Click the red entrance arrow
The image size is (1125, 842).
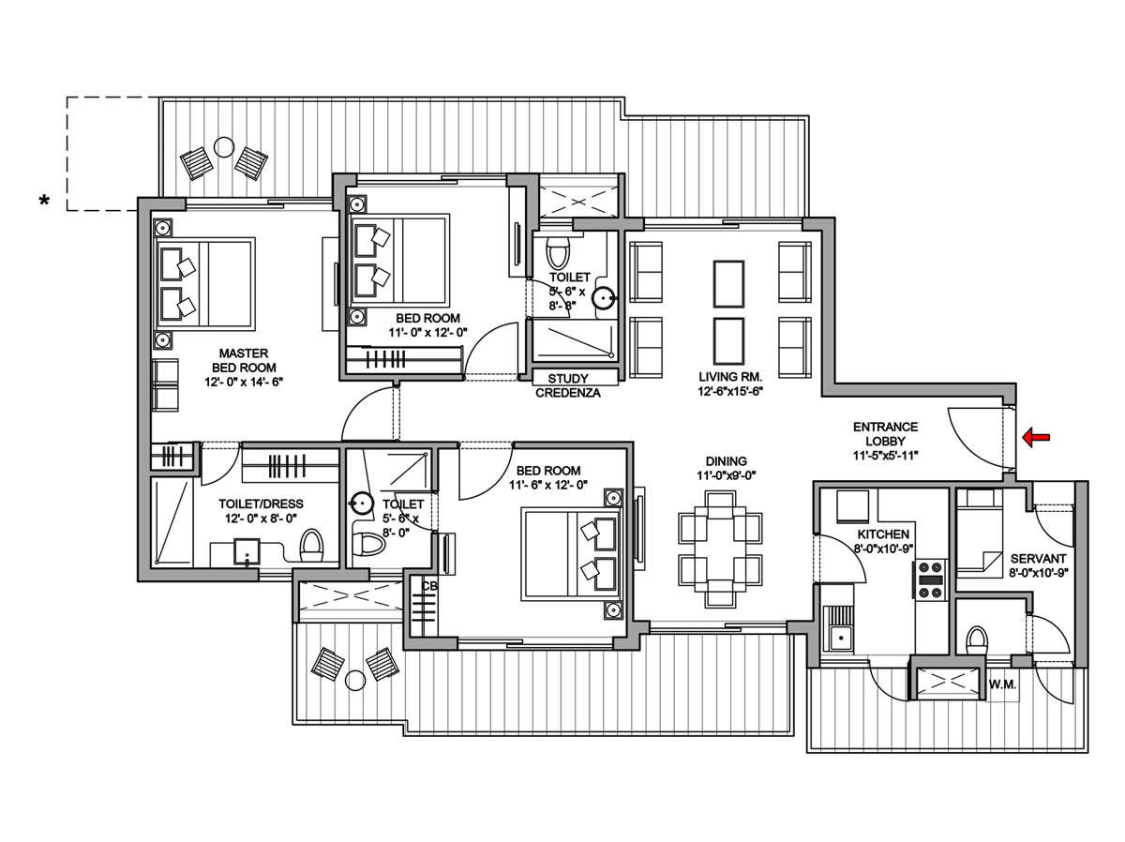click(1036, 437)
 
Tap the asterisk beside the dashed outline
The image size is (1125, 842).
click(45, 201)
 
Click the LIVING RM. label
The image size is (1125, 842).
click(730, 377)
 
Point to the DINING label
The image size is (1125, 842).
click(726, 460)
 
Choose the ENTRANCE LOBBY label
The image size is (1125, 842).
click(885, 433)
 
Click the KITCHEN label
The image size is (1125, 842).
click(883, 534)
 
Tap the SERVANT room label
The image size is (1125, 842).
click(1038, 559)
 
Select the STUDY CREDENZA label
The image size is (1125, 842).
click(568, 385)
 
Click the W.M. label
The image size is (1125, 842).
click(1002, 684)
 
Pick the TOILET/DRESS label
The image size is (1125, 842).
click(261, 504)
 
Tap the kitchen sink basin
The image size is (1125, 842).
click(841, 638)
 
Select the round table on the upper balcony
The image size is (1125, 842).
click(224, 147)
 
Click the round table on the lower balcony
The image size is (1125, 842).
click(355, 681)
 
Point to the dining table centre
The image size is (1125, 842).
click(720, 549)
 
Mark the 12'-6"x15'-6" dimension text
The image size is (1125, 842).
click(730, 392)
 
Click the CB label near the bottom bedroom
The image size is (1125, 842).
click(429, 586)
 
